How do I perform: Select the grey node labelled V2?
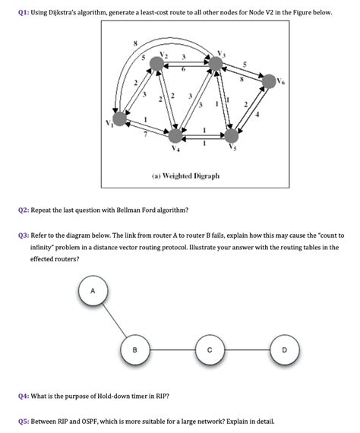[x=156, y=66]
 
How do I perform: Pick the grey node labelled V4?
[x=176, y=136]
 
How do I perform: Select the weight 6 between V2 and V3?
[x=184, y=69]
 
